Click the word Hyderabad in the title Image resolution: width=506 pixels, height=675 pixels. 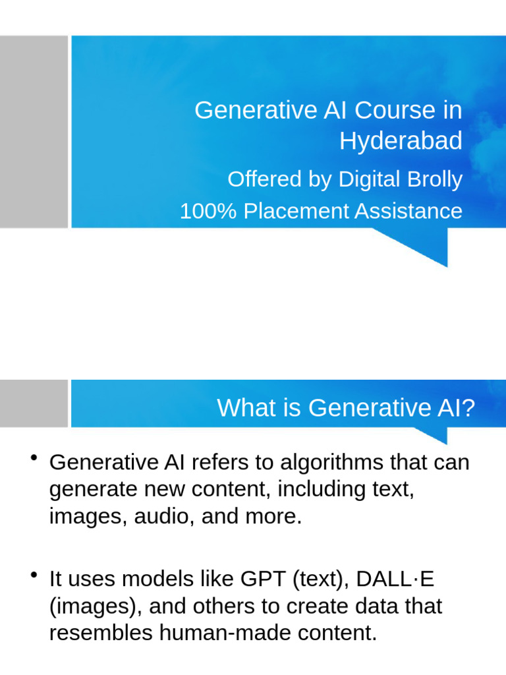coord(401,140)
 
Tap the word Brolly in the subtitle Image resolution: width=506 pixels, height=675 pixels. coord(432,179)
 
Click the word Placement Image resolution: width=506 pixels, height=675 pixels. coord(296,212)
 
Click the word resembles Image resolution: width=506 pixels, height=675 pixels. coord(101,633)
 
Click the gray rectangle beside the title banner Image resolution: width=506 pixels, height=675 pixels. coord(34,132)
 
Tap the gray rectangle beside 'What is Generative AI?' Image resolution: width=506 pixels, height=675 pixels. coord(34,403)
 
